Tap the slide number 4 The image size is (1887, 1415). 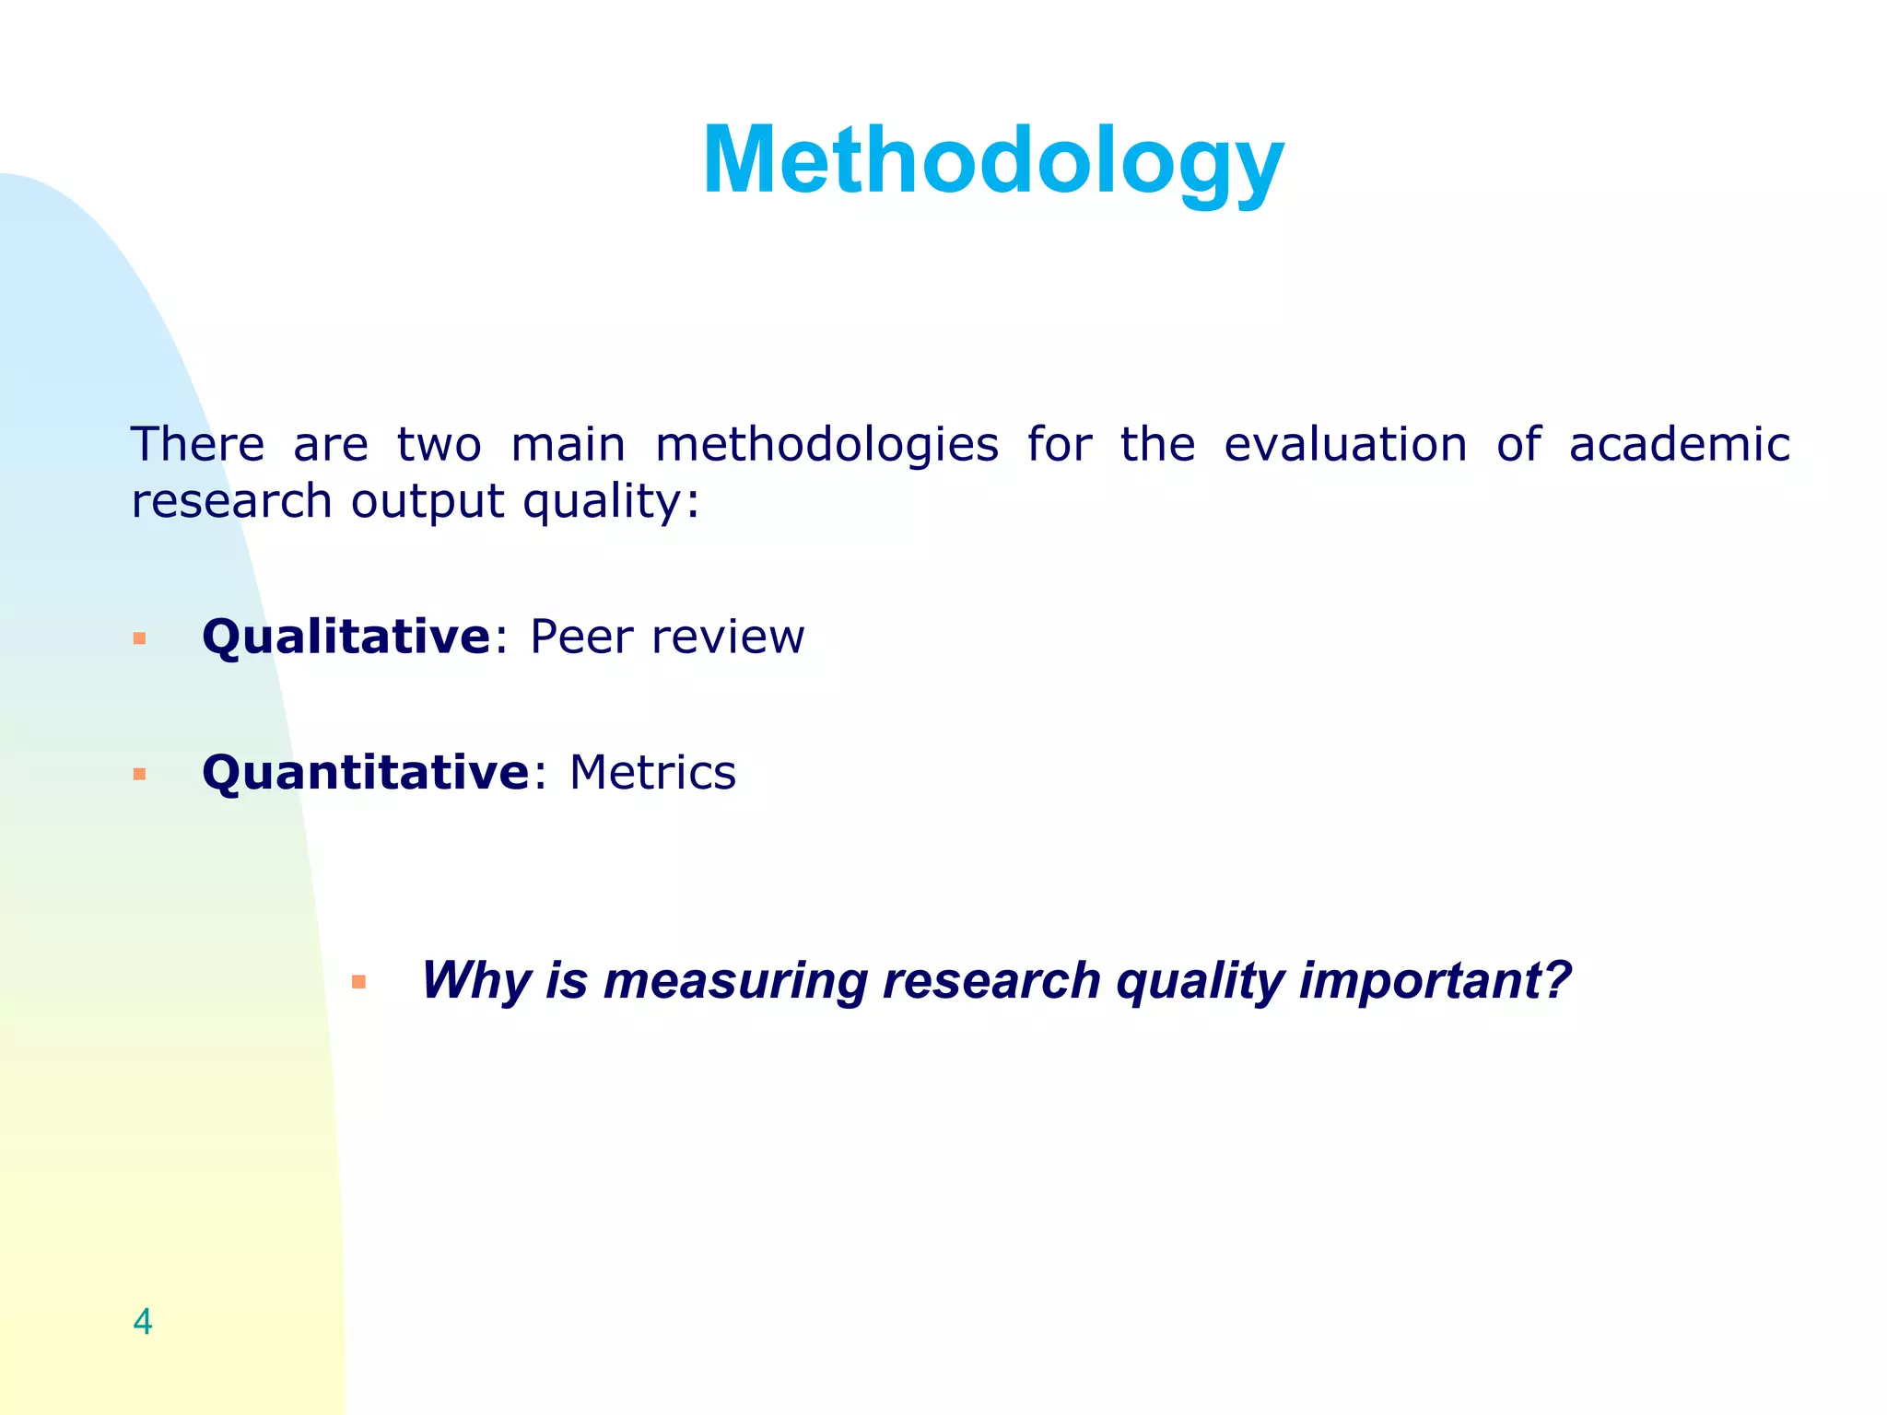(142, 1322)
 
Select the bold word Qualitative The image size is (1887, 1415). (346, 637)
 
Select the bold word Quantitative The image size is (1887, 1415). (365, 773)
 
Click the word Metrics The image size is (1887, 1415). (652, 773)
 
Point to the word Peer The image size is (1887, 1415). (581, 637)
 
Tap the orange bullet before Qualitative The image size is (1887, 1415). (140, 638)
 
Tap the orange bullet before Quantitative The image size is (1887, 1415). (140, 774)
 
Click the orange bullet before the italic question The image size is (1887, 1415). (359, 982)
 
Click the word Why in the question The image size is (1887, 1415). (475, 980)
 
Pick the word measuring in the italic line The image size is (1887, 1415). (734, 982)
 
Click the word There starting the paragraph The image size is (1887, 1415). (197, 444)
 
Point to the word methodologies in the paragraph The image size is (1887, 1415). (826, 446)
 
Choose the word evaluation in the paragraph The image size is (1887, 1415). (1345, 444)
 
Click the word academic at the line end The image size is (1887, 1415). (1679, 444)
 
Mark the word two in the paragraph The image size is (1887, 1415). (439, 446)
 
